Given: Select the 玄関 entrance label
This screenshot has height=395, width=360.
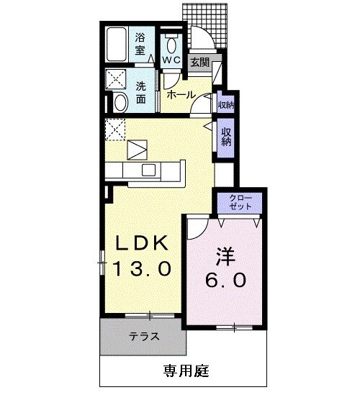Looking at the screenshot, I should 199,63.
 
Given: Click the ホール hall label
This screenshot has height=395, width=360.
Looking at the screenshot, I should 179,94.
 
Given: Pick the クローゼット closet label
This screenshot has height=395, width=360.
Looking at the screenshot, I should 241,201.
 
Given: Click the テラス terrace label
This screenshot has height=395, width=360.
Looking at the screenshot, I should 144,337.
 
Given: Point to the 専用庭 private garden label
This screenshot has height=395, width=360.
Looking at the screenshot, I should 185,371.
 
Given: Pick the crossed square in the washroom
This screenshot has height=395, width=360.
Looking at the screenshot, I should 116,78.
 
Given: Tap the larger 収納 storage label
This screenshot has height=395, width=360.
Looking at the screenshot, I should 226,136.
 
